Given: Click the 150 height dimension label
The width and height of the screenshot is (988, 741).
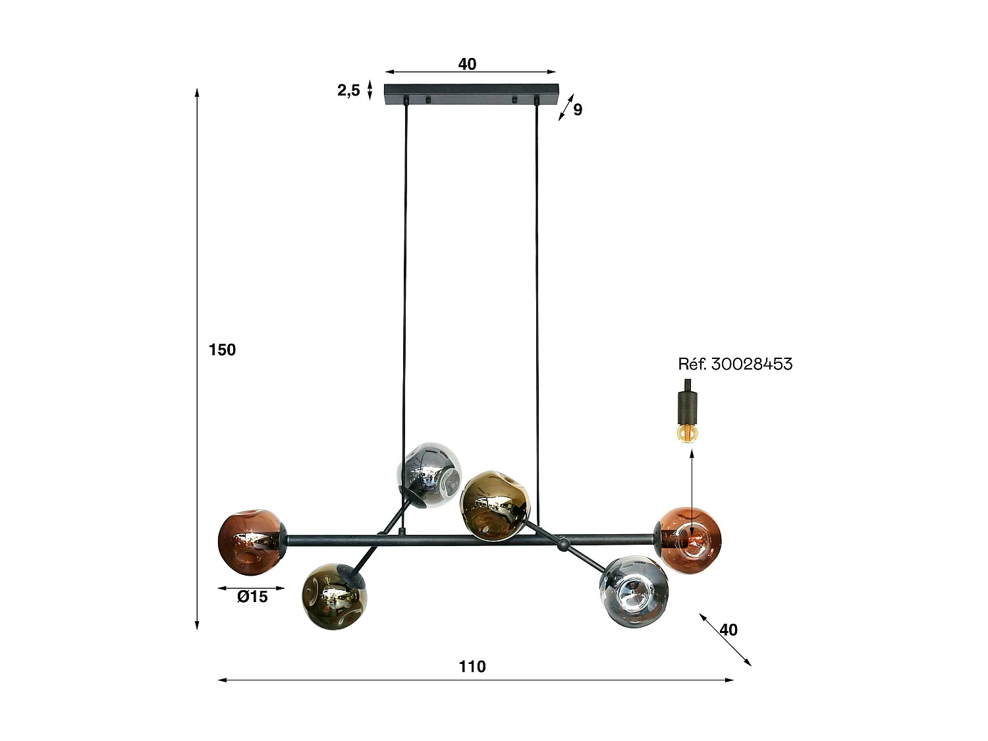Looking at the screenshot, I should point(222,350).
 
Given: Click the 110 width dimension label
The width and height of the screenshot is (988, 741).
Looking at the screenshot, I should point(472,667).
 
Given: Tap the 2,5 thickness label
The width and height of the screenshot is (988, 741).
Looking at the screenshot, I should point(348,90).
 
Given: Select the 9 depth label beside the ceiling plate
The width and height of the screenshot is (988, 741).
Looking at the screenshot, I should point(578,109).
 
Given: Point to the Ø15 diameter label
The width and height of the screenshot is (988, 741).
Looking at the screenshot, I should point(253,597).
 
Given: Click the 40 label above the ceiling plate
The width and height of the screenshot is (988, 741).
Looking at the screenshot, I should point(467,64).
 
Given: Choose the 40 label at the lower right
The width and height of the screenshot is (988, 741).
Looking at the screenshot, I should point(728,630).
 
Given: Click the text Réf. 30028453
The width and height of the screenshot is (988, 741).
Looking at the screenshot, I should point(735,364).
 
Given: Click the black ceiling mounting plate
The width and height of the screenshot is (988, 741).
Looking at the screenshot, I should point(471,90).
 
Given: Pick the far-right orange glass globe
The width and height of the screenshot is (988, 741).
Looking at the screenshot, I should point(690,540).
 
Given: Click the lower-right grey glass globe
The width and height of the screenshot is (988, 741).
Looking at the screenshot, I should point(634,591).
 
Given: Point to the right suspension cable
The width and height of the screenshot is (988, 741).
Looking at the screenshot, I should point(538,296).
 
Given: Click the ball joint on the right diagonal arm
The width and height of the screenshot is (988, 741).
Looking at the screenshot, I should point(563,545).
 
